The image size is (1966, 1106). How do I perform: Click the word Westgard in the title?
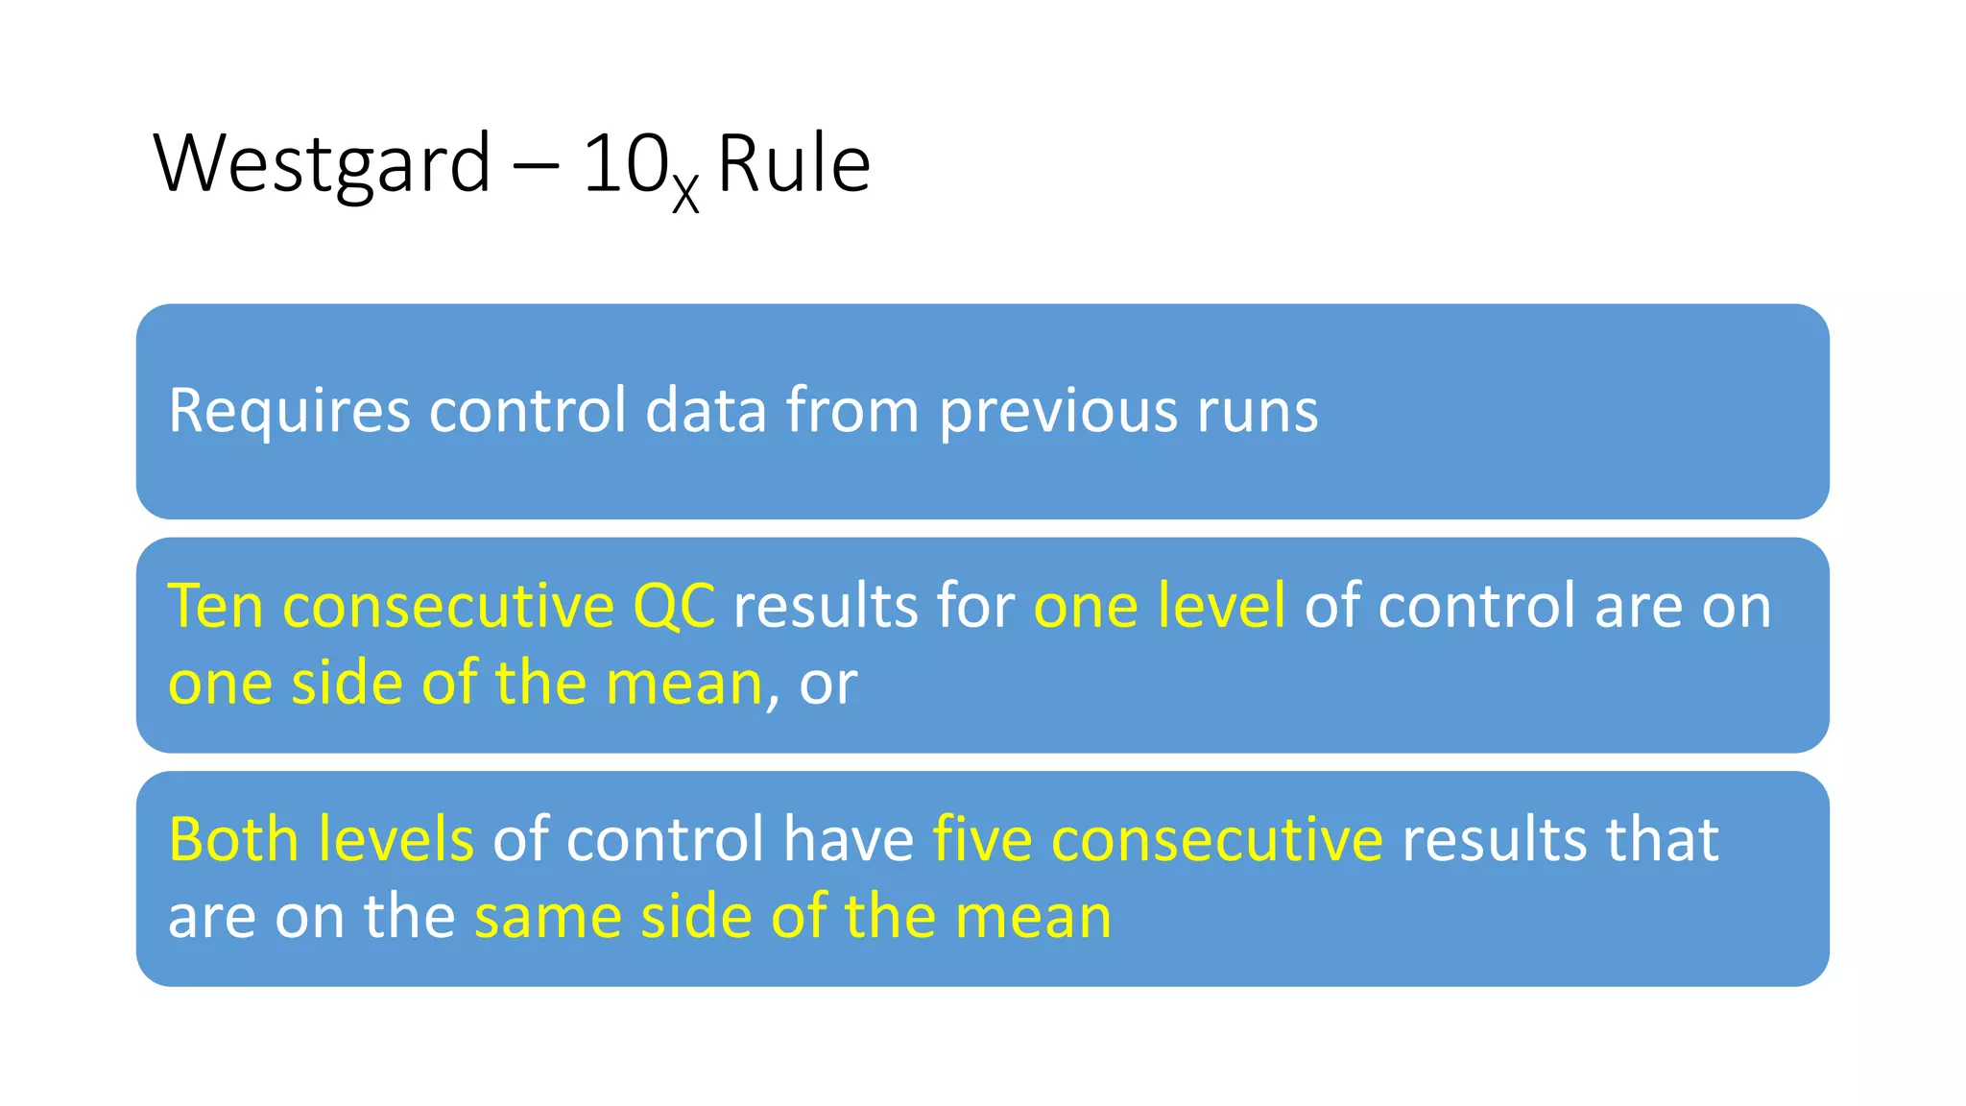[322, 163]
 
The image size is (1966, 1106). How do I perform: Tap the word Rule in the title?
[794, 163]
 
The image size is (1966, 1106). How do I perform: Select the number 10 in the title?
[625, 163]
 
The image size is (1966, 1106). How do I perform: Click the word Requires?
[289, 411]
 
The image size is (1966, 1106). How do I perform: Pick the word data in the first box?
[706, 411]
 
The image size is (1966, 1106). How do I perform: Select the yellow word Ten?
[215, 606]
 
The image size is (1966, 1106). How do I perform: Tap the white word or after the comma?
[828, 684]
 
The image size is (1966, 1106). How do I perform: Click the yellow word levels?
[396, 839]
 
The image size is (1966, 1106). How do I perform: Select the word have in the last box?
[849, 839]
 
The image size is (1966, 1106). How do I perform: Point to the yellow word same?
[547, 916]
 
